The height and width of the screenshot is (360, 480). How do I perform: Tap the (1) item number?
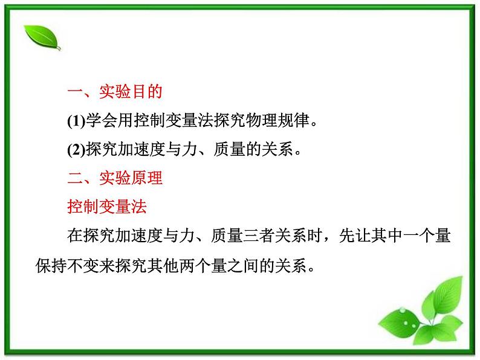(76, 121)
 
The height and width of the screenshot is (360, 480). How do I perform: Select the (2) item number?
(76, 150)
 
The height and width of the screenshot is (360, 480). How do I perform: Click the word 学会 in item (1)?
(101, 121)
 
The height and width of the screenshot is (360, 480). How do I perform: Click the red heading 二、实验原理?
(114, 179)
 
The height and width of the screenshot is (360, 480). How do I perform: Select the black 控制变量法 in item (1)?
(164, 121)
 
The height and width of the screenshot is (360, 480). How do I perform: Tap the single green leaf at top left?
(41, 37)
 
